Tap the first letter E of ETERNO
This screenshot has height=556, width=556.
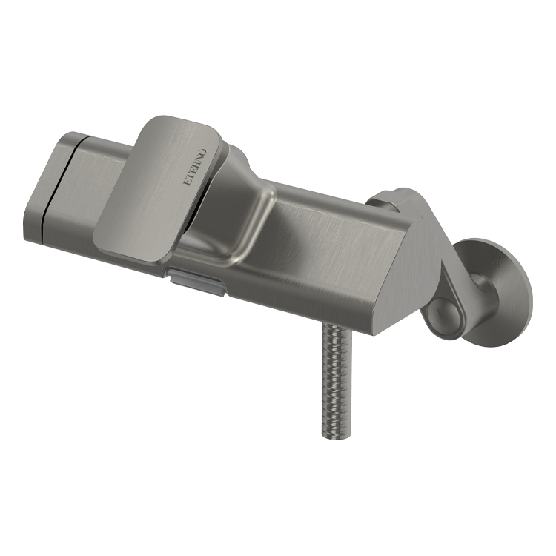pos(185,182)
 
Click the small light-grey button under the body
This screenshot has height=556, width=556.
pos(197,281)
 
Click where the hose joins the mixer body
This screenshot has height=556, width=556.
pos(336,325)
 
